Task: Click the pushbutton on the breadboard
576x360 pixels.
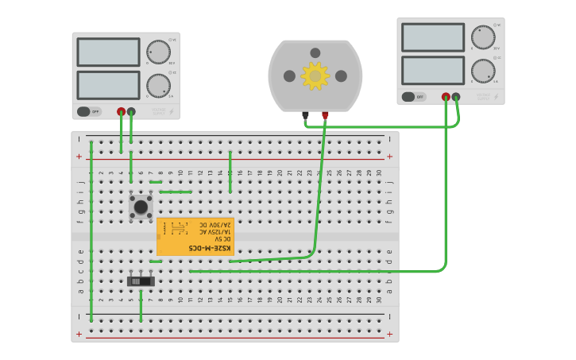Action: (141, 207)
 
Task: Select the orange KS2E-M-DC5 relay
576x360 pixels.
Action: (195, 236)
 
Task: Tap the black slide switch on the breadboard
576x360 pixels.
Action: (141, 281)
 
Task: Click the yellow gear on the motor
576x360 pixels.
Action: (315, 76)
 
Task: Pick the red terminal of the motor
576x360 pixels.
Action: (325, 115)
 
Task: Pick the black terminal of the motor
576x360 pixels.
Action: (305, 115)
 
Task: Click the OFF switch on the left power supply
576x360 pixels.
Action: (89, 111)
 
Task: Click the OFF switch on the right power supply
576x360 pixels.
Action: (414, 97)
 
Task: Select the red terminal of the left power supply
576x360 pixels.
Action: (121, 112)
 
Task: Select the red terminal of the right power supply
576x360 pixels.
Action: (446, 97)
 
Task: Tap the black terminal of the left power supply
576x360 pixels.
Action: (131, 112)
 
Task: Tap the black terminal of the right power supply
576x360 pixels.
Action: (456, 97)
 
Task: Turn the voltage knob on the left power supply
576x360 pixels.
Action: (158, 52)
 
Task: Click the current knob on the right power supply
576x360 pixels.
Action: (483, 71)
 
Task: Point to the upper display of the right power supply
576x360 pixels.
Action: (433, 37)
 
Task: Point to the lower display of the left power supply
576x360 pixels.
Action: (108, 85)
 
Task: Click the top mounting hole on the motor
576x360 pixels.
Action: (315, 53)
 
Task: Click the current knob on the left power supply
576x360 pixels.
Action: (158, 85)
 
